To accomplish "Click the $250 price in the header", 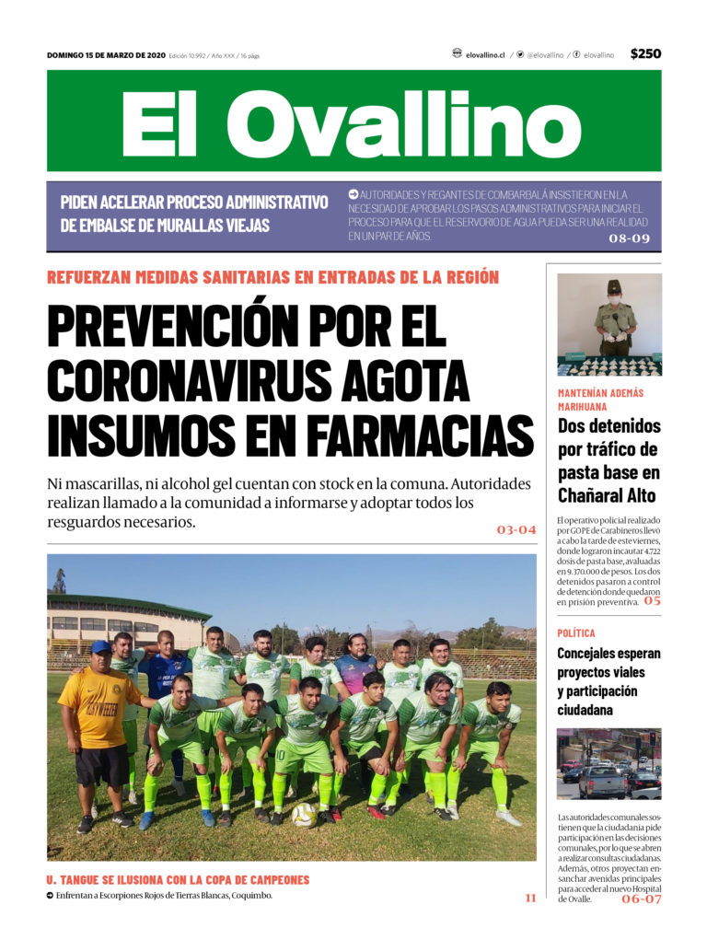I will pos(644,54).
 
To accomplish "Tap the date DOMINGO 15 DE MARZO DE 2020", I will pos(106,55).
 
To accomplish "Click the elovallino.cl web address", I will pos(484,55).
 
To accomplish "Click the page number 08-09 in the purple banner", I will pos(630,238).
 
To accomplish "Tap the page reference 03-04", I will pos(516,530).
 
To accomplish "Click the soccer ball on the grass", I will pos(304,814).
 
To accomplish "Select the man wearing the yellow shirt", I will pos(99,727).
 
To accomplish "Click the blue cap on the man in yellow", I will pos(100,647).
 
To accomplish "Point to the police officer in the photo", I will pos(614,319).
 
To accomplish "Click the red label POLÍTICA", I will pos(576,633).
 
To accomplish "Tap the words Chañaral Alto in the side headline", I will pos(607,495).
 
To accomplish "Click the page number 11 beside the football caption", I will pos(530,897).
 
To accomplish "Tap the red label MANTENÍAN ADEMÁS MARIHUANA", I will pos(600,399).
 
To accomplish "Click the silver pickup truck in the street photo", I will pos(603,783).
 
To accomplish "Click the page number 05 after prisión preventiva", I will pos(652,601).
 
